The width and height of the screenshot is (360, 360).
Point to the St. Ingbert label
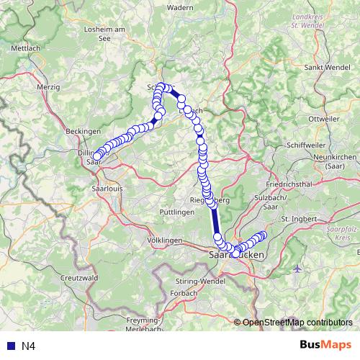pyautogui.click(x=299, y=218)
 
